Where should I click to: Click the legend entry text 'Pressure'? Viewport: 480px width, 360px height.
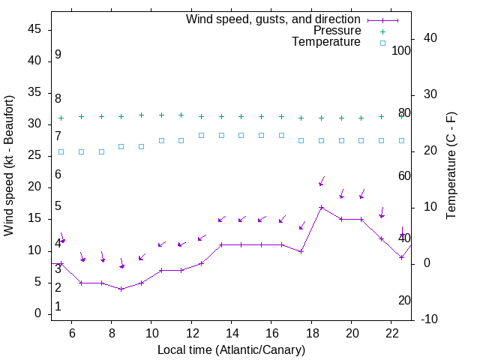(x=337, y=31)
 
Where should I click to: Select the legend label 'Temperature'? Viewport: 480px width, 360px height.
(x=326, y=42)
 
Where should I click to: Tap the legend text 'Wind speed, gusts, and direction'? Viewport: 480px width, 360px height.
(x=274, y=19)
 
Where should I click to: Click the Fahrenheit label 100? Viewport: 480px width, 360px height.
(x=402, y=50)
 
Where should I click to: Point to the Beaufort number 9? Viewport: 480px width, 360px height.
(x=58, y=55)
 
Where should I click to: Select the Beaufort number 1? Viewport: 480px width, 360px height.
(x=58, y=306)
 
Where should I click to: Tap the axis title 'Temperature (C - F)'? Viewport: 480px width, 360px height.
(x=451, y=165)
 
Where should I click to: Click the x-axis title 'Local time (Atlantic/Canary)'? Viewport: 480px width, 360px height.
(x=231, y=349)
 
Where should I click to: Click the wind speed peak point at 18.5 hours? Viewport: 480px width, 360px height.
(x=321, y=208)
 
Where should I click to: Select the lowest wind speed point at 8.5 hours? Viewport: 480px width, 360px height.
(x=121, y=289)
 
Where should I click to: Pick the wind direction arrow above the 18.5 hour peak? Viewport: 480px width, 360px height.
(x=322, y=181)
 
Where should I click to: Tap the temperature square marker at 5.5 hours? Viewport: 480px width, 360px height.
(x=61, y=151)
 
